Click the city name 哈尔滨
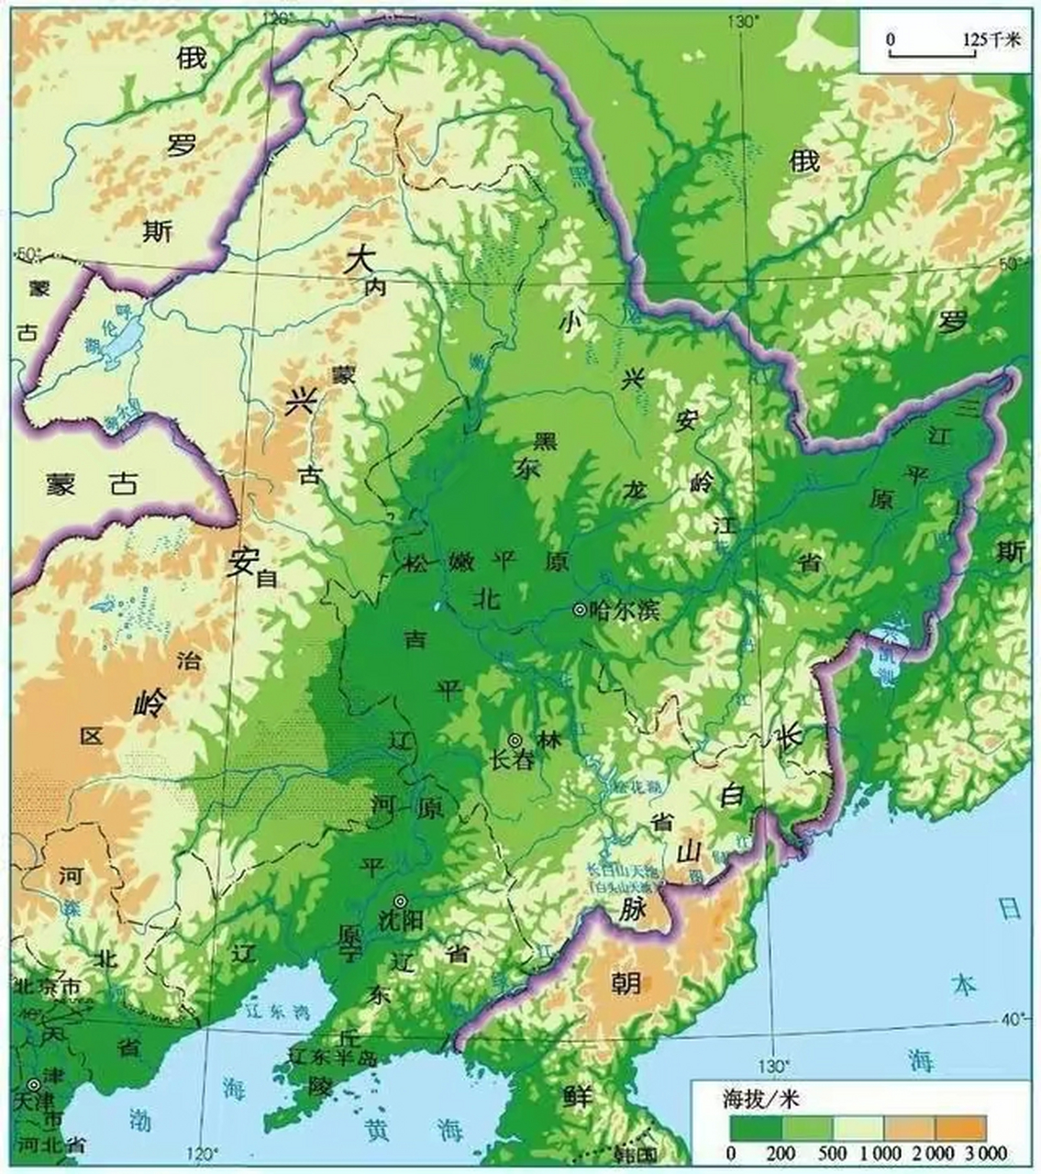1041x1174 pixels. pos(626,610)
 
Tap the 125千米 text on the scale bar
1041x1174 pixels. pos(991,39)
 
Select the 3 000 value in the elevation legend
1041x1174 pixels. pos(985,1153)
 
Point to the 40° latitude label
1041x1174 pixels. pos(1013,1019)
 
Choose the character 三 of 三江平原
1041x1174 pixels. pos(964,404)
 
